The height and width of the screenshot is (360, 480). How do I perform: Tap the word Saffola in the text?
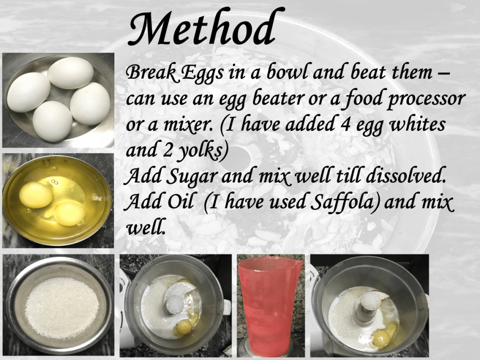pos(344,202)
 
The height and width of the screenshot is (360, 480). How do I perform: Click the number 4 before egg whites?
pos(345,125)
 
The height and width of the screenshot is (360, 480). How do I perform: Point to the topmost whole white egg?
pos(71,73)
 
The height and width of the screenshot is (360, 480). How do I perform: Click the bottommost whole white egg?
pos(52,121)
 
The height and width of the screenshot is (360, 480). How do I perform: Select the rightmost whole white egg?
pos(90,104)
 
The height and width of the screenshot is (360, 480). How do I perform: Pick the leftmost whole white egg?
pos(29,92)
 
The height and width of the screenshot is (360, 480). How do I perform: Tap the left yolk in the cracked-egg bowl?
pos(36,195)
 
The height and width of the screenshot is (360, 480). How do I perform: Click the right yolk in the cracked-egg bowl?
pos(69,213)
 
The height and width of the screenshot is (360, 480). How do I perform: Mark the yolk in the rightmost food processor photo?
pos(381,339)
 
